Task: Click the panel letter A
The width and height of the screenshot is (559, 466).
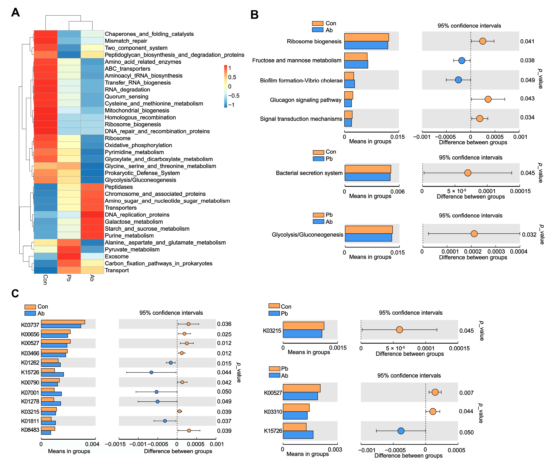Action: coord(15,13)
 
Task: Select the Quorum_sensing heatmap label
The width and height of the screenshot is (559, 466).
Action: coord(127,96)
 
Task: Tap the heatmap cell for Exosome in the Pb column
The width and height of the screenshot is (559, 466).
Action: coord(69,256)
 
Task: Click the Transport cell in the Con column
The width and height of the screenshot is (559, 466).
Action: coord(46,270)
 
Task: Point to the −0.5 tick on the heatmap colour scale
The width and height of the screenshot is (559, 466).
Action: coord(234,96)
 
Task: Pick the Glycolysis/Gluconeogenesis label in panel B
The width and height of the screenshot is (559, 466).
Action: coord(307,235)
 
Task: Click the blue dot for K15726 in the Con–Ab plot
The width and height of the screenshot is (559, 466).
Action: coord(151,372)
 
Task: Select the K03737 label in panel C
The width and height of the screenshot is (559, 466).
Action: coord(30,325)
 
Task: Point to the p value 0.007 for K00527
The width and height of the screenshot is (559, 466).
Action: coord(466,393)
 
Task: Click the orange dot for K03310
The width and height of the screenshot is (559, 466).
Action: coord(433,411)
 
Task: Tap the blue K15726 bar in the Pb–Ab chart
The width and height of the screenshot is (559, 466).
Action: coord(298,435)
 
